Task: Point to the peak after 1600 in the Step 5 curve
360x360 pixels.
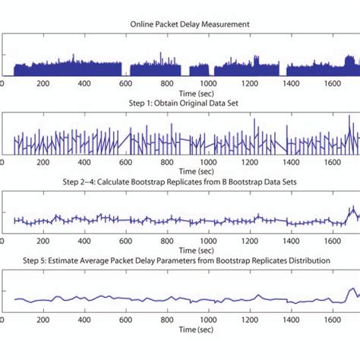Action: [x=350, y=289]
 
